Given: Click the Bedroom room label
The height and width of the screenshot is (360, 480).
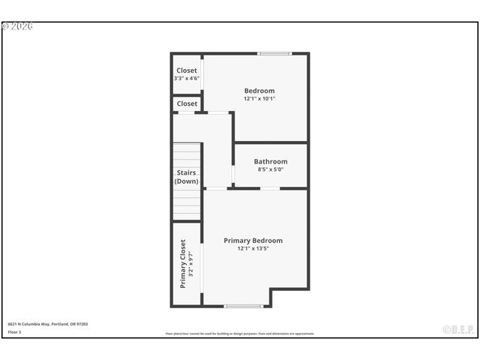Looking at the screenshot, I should (x=259, y=91).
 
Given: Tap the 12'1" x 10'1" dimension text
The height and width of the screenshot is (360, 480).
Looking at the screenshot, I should (x=259, y=98).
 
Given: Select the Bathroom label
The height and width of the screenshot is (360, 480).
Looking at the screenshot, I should (x=270, y=161).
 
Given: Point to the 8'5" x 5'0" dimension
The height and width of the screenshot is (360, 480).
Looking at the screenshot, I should (x=270, y=169).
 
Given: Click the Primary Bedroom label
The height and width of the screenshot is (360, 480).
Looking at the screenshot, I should (x=253, y=241).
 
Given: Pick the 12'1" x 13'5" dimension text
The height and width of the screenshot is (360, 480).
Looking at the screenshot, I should (x=253, y=248).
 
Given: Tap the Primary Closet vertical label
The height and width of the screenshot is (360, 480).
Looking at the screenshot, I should (x=182, y=264).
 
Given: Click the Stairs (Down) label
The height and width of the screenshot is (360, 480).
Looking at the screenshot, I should (x=186, y=177).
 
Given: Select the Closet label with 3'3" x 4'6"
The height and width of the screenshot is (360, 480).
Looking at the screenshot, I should (x=187, y=70).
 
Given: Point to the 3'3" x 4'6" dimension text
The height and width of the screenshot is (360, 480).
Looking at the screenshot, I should (x=187, y=78).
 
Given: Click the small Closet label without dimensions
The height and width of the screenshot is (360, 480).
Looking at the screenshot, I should (x=187, y=103).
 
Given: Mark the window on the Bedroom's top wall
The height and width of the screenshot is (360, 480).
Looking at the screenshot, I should (x=274, y=53).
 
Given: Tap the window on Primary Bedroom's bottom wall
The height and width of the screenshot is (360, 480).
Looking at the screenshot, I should (x=243, y=306).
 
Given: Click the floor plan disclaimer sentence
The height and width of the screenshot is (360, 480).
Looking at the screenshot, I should (x=240, y=334).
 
